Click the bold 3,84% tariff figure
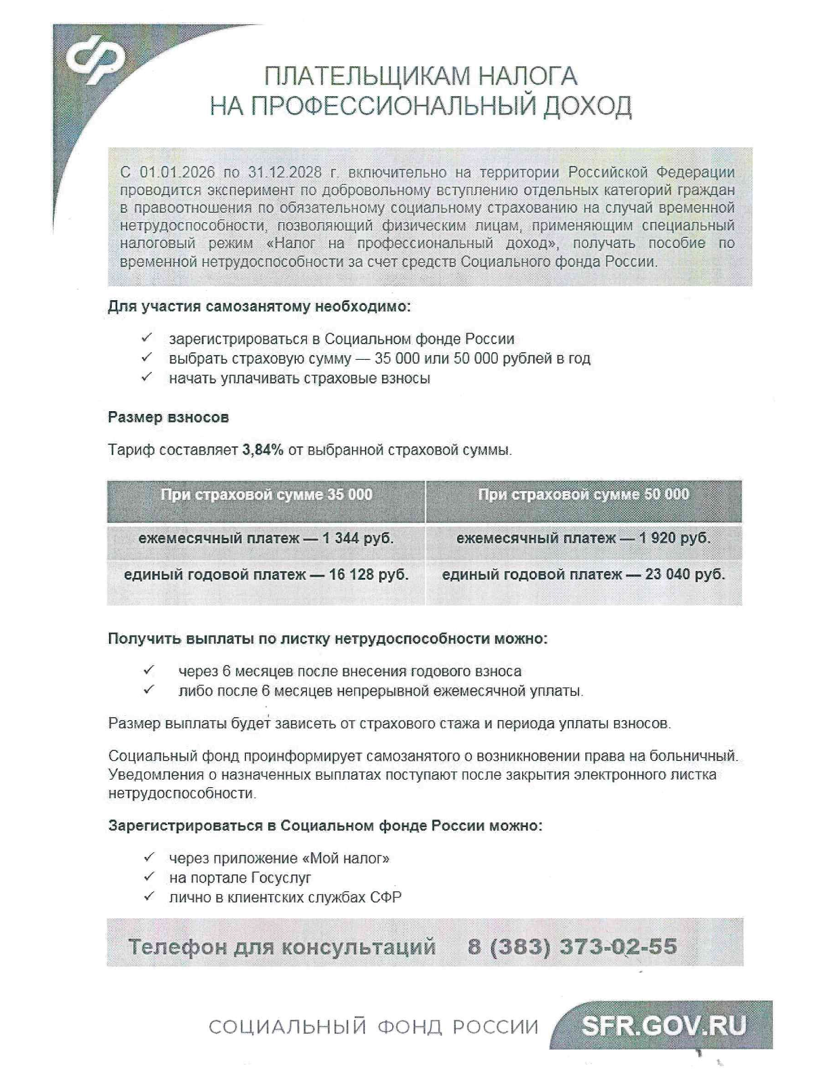pos(263,450)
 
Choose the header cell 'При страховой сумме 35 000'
pos(266,495)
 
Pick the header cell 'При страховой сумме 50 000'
pos(583,495)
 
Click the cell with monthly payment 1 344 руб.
pos(266,539)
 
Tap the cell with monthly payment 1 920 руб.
pos(583,539)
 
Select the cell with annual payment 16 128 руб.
pos(266,575)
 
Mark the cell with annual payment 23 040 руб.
pos(583,575)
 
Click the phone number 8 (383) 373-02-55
pos(572,946)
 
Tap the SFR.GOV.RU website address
pos(664,1026)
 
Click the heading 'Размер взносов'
pos(168,417)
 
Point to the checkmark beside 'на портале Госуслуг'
pos(150,877)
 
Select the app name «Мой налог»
pos(349,858)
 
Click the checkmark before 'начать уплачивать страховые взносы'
pos(147,377)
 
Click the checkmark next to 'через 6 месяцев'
pos(149,671)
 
